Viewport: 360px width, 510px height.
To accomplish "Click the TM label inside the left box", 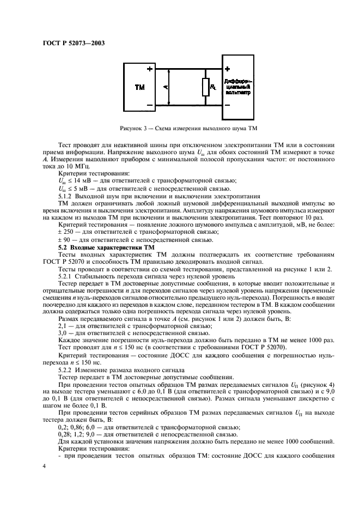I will click(x=139, y=87).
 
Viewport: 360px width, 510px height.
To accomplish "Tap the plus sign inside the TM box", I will click(x=149, y=69).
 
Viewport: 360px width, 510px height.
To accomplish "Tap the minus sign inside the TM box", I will click(x=149, y=105).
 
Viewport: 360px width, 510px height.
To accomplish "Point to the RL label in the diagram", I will click(x=213, y=87).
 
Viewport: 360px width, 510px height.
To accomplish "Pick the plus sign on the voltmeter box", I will click(x=228, y=69).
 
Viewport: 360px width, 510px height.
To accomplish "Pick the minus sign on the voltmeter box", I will click(x=228, y=105).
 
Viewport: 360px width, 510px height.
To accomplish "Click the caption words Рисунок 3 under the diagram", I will click(x=133, y=128).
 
